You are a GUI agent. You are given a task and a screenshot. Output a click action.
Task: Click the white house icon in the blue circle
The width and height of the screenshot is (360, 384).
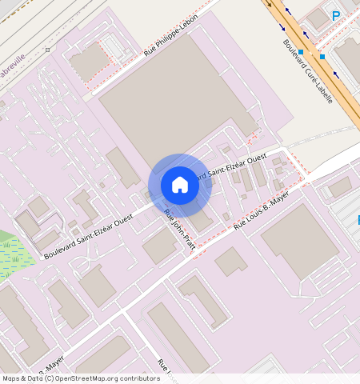tap(180, 185)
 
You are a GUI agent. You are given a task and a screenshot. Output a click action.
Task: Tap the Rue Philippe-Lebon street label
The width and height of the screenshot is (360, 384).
tap(170, 38)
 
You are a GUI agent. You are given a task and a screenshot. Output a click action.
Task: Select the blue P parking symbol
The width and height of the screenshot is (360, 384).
tap(336, 16)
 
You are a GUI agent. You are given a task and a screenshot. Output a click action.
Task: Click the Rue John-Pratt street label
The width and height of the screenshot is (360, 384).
tap(179, 229)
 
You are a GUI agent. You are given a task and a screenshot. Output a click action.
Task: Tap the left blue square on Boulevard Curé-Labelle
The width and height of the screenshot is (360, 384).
tap(302, 51)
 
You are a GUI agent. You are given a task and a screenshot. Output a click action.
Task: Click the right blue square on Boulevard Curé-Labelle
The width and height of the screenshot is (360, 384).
tap(322, 57)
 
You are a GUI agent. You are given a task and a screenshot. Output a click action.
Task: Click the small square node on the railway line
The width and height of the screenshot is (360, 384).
tap(47, 50)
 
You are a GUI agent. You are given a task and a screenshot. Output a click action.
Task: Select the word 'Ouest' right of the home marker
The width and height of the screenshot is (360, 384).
tap(256, 160)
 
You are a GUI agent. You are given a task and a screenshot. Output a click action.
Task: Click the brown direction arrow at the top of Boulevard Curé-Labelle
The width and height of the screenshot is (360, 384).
tap(270, 3)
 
